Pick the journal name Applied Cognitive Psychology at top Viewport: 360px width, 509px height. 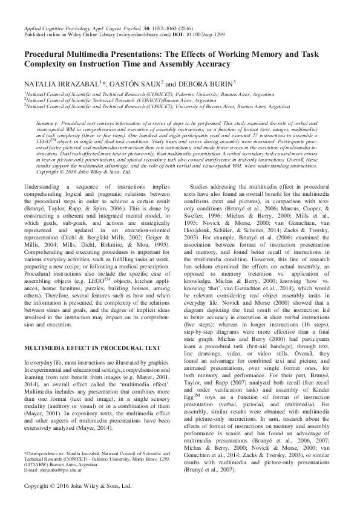click(57, 28)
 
